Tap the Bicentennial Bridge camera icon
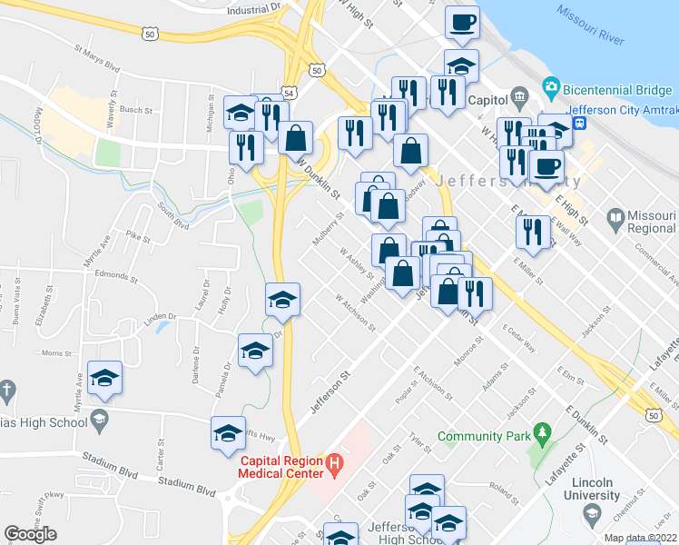coord(550,89)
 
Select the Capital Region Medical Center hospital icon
coord(334,467)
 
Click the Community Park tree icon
coord(543,430)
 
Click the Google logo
coord(30,534)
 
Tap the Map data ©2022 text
coord(641,538)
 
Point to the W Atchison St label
coord(354,311)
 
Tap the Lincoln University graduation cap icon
coord(592,515)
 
